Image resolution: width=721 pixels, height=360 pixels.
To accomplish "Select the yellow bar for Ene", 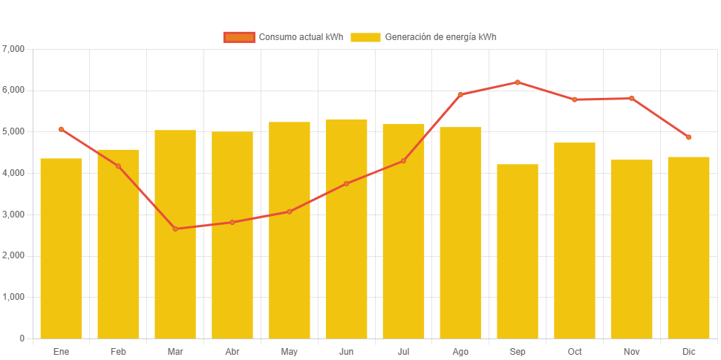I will tap(61, 248).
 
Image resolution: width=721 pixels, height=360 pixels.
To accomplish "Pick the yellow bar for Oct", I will tap(575, 240).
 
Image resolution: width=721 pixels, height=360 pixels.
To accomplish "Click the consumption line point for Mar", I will tap(175, 229).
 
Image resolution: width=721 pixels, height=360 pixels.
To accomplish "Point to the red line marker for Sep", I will tap(518, 82).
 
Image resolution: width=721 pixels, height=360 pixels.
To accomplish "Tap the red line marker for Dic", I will tap(688, 137).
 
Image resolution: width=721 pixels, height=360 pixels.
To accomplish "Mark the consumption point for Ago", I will tap(460, 94).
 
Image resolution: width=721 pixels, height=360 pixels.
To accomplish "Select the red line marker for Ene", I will tap(61, 129).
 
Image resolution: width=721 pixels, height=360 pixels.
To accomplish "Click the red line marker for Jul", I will tap(403, 160).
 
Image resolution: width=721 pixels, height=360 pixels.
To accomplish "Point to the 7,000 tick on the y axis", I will tap(14, 49).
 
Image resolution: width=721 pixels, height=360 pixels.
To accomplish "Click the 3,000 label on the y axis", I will tap(14, 215).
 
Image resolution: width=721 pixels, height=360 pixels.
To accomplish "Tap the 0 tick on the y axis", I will tap(22, 338).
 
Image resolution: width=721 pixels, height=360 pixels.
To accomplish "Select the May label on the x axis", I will tap(290, 351).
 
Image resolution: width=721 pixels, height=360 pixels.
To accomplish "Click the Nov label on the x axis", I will tap(632, 351).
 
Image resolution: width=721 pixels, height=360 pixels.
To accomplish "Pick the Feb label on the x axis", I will tap(118, 351).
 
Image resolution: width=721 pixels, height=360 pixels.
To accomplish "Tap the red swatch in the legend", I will tap(239, 37).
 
